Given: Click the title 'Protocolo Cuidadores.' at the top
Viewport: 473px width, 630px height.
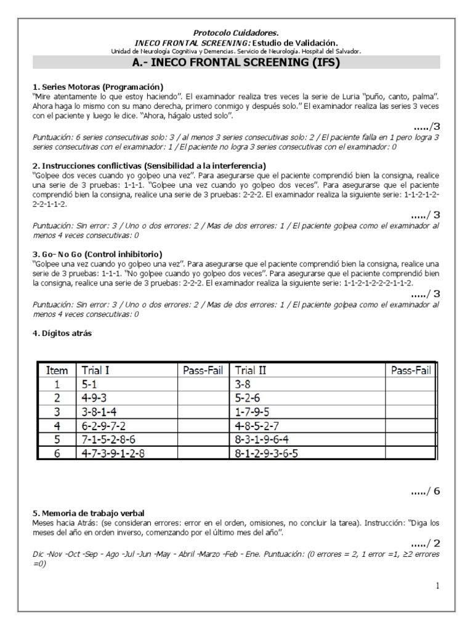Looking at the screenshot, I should click(x=236, y=31).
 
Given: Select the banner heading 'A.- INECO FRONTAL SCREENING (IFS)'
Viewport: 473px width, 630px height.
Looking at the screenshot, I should click(x=236, y=62).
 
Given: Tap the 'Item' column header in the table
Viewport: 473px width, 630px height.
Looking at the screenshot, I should click(x=57, y=370).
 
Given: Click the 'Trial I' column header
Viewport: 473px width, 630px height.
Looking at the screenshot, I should click(x=95, y=370).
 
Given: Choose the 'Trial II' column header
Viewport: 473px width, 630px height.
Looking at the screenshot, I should click(x=251, y=370).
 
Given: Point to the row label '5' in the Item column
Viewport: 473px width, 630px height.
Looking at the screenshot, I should click(x=57, y=440).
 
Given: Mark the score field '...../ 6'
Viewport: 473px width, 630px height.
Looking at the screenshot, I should click(x=426, y=491).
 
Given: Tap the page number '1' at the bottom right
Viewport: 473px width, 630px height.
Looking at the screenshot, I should click(x=437, y=586).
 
